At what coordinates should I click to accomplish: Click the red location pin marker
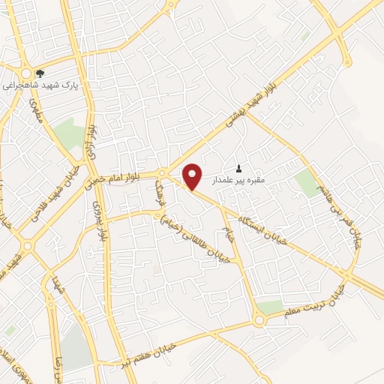193,176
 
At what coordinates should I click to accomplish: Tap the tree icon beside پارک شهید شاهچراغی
40,73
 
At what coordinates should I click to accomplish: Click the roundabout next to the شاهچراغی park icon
25,73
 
